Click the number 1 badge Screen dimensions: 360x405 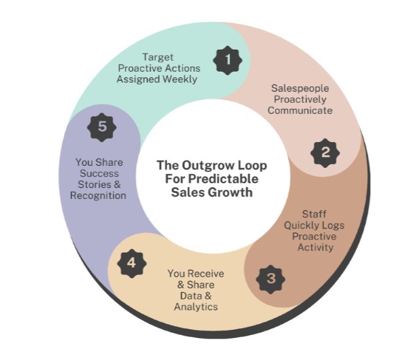tap(228, 60)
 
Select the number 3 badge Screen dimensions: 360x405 tap(270, 279)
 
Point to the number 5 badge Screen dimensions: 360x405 tap(102, 127)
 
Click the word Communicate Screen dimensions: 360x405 tap(300, 110)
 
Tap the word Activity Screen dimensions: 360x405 tap(315, 247)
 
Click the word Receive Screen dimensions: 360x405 tap(204, 273)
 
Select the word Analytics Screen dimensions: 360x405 tap(196, 306)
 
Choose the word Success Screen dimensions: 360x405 tap(99, 173)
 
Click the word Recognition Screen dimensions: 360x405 tap(98, 195)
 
